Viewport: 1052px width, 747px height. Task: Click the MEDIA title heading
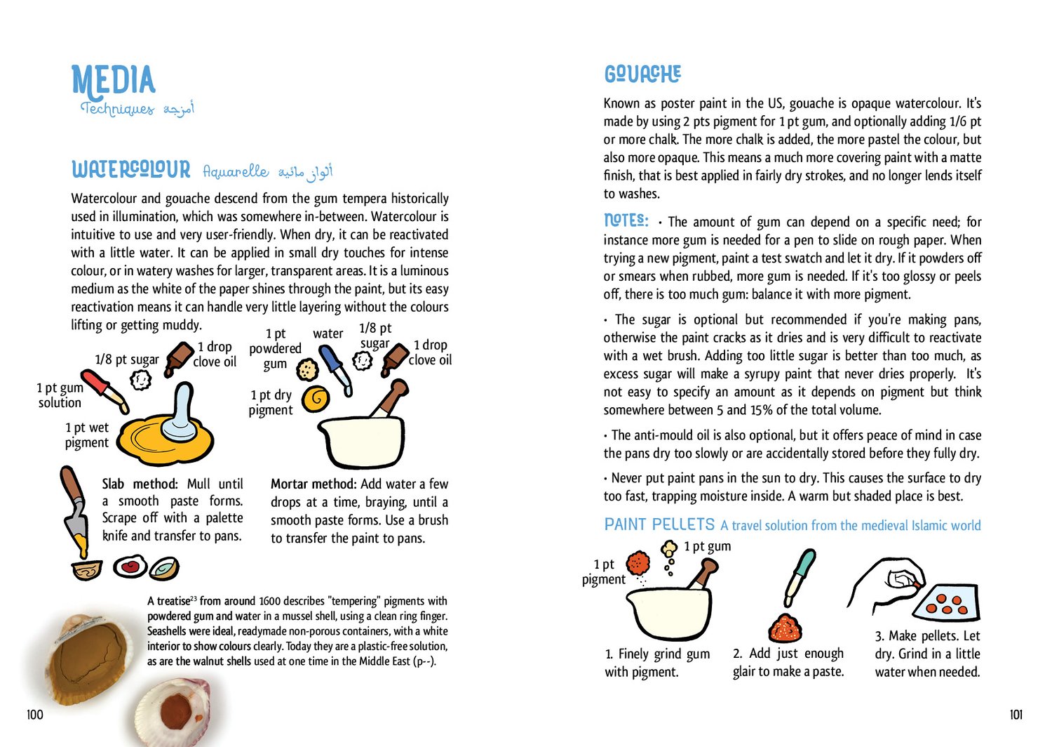(113, 80)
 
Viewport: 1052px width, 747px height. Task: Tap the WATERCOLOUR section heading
(130, 170)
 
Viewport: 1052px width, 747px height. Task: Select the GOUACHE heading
(642, 74)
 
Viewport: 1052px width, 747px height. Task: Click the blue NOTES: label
(626, 220)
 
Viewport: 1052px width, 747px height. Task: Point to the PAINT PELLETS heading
(659, 524)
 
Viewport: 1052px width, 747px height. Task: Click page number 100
(34, 715)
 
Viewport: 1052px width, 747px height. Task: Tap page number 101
(1016, 715)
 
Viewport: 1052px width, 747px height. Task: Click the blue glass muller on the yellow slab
(181, 414)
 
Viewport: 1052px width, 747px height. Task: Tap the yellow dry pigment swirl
(316, 399)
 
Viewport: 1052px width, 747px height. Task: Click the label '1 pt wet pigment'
(87, 435)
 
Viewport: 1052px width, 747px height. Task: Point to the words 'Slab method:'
(140, 484)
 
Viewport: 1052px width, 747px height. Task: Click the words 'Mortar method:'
(313, 484)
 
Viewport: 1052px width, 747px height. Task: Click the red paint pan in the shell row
(130, 566)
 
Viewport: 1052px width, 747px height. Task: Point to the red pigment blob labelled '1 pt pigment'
(638, 563)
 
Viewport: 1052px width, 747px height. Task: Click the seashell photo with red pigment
(172, 713)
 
